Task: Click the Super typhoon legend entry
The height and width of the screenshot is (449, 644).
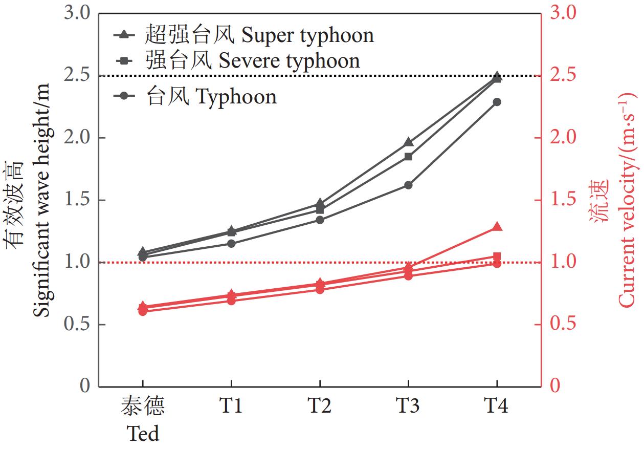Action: tap(243, 35)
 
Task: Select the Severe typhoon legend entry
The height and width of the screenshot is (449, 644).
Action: tap(238, 61)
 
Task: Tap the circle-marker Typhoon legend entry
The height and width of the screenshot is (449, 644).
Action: tap(197, 96)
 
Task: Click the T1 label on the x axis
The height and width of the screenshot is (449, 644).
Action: tap(231, 407)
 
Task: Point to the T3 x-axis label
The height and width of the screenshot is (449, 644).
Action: tap(408, 407)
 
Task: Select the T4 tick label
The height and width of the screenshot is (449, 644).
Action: tap(496, 407)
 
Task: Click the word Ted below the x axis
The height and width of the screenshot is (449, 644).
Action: tap(143, 434)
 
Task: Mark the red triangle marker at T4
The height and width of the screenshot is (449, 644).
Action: tap(497, 227)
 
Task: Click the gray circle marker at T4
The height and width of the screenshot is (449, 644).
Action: tap(497, 102)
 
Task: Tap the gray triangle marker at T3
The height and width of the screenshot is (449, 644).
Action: tap(408, 142)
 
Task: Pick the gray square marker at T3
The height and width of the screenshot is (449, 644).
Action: tap(408, 157)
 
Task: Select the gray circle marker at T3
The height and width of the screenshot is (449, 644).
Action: tap(408, 185)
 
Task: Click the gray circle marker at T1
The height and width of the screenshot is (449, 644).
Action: tap(231, 243)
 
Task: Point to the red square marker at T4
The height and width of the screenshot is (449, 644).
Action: tap(497, 256)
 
